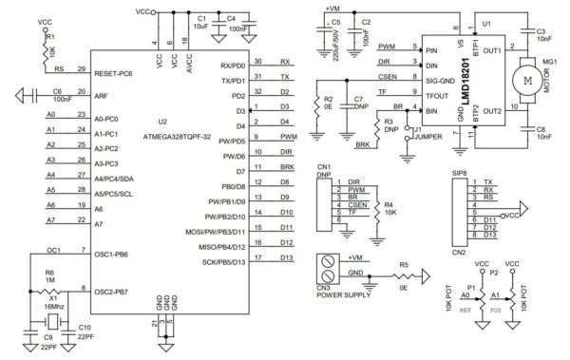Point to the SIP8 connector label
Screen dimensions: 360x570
pos(459,175)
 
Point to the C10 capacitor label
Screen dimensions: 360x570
pos(84,329)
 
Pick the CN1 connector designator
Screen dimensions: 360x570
pos(323,165)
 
